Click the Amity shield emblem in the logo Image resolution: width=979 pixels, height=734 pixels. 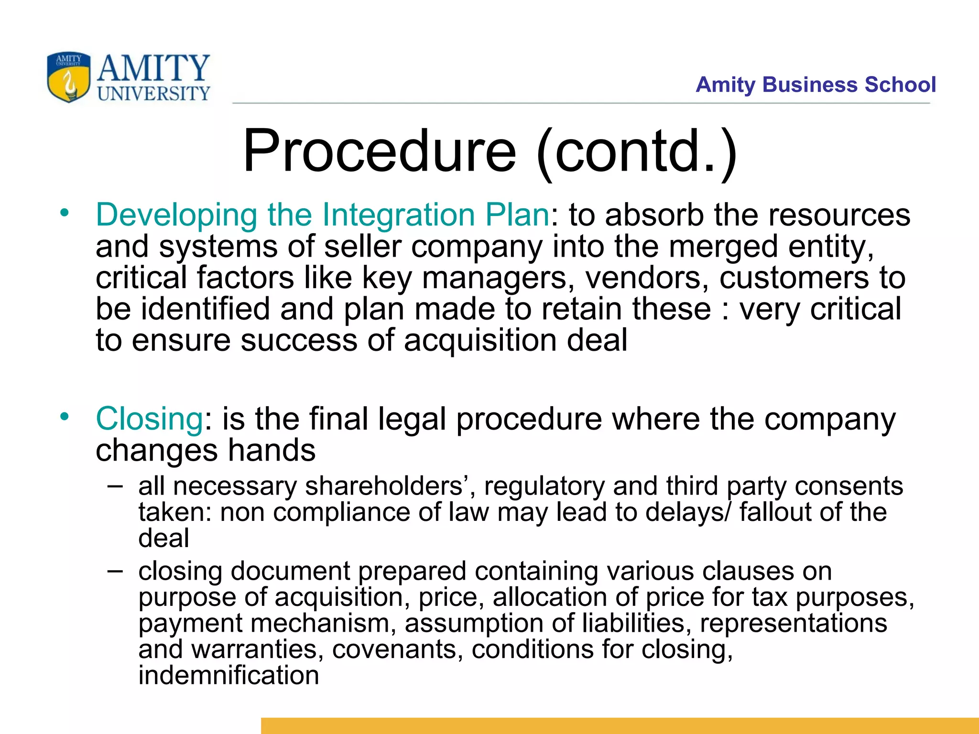point(69,77)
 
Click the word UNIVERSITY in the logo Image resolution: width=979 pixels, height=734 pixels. point(153,93)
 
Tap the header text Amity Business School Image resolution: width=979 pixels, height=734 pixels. point(816,85)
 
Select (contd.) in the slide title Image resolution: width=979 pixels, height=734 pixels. point(637,152)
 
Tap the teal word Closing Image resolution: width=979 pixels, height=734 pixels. point(150,419)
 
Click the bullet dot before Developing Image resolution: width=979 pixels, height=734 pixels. point(65,212)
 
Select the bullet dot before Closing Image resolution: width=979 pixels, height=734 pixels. point(65,416)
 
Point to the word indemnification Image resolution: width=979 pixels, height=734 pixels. point(228,675)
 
